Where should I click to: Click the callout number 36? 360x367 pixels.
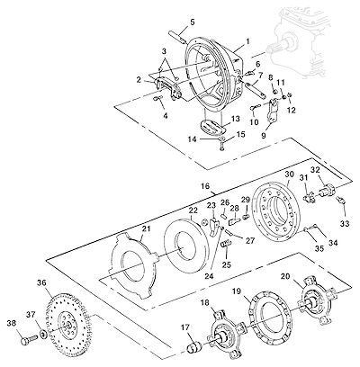click(41, 282)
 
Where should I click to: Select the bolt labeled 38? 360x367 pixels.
click(29, 339)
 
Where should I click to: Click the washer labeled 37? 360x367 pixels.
click(44, 333)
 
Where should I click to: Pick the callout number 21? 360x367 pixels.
click(146, 229)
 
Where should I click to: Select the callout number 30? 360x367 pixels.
click(289, 175)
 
